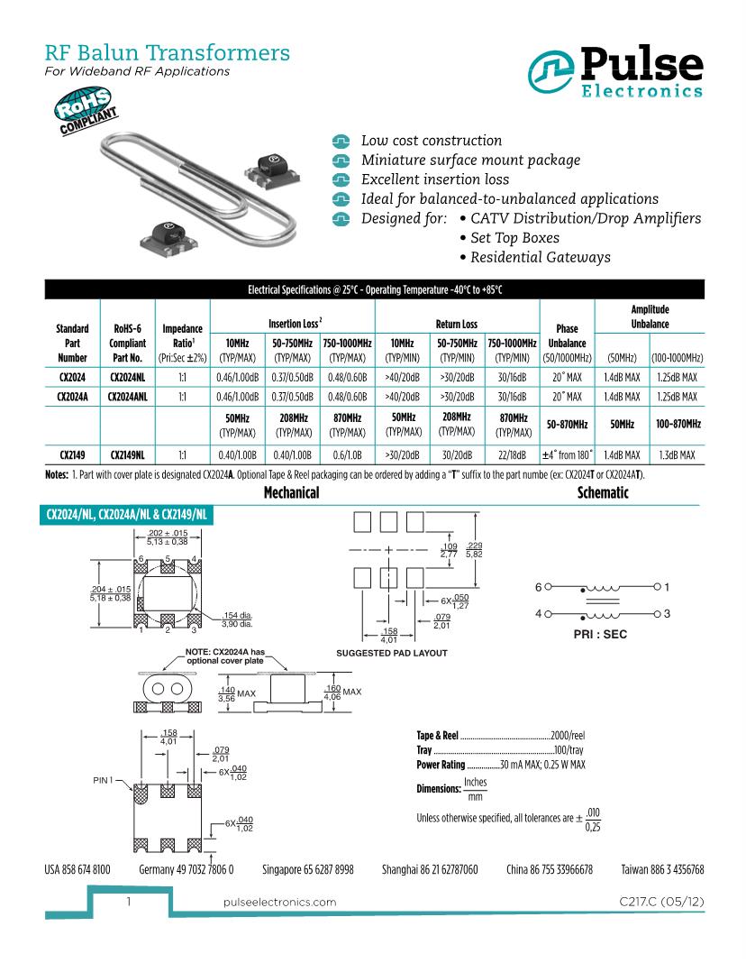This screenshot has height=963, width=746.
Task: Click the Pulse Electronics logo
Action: (616, 71)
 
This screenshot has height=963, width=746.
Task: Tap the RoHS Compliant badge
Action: (86, 112)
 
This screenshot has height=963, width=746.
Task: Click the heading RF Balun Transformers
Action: (167, 53)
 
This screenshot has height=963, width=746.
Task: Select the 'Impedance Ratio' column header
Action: (183, 343)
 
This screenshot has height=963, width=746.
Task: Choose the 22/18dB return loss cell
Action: (513, 457)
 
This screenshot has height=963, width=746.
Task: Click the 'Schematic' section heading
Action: (603, 493)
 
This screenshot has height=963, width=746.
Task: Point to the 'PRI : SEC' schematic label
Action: (600, 634)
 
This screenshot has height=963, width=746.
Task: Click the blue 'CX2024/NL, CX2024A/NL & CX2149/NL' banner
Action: (128, 515)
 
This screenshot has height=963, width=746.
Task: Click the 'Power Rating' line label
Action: (441, 765)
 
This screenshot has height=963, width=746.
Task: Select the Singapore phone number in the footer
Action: (307, 870)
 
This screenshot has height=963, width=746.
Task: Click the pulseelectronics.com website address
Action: (279, 902)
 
